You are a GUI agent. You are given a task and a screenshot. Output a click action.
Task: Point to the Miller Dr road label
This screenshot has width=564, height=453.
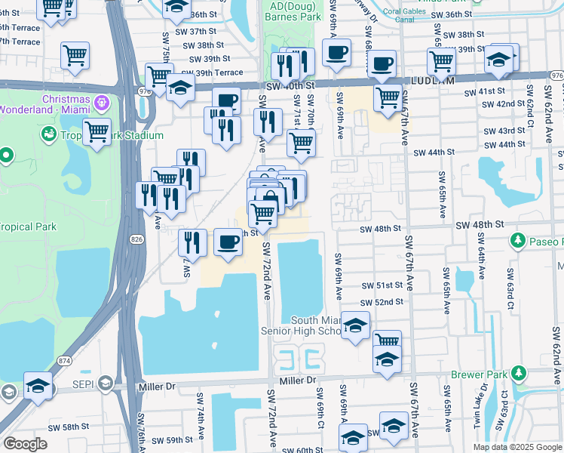point(157,387)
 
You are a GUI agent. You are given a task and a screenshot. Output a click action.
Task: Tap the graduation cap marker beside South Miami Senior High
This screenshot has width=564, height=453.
point(355,326)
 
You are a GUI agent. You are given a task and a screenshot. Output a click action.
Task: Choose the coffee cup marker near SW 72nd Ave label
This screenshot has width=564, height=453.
point(228,242)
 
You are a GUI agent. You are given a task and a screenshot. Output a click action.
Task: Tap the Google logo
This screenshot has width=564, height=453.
point(25,444)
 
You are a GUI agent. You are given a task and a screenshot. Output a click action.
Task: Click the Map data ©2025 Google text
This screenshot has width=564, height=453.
point(517,447)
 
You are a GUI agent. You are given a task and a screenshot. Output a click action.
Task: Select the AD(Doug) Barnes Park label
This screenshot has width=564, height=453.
point(287,13)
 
